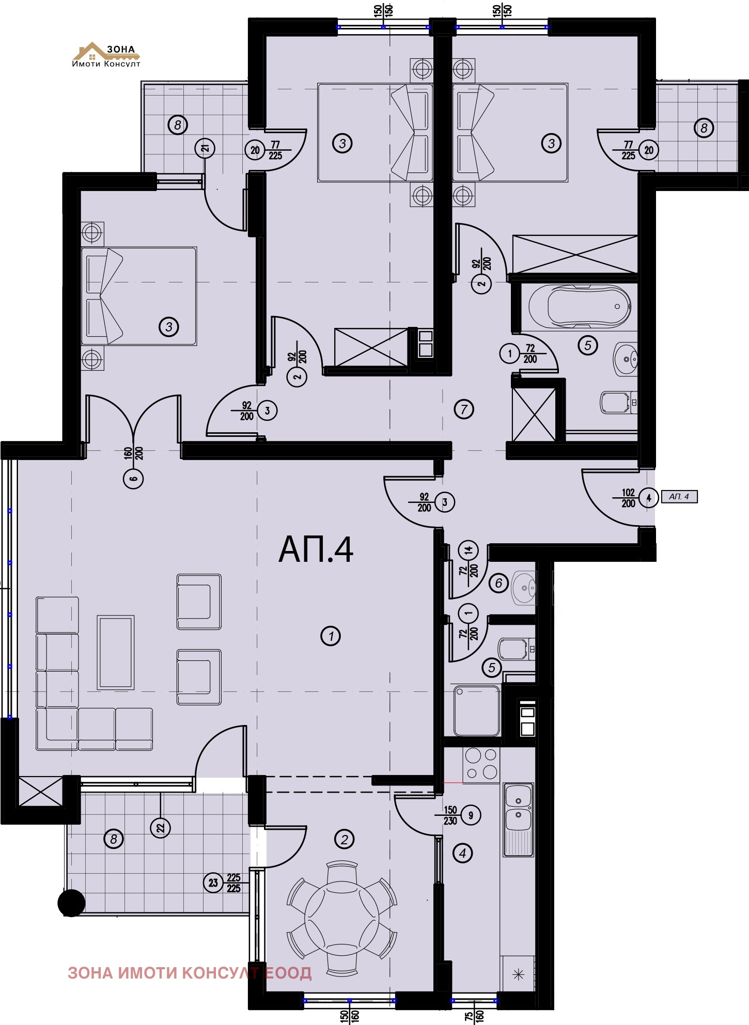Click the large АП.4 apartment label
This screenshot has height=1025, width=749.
[x=316, y=549]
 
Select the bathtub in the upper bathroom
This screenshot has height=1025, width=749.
[x=580, y=307]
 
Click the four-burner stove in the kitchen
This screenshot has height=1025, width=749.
[x=481, y=764]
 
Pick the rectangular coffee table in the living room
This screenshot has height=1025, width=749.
[x=116, y=652]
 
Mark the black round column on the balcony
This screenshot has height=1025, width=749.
[x=71, y=903]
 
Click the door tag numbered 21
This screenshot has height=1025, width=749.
[x=205, y=149]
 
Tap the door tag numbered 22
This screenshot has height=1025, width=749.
[x=161, y=828]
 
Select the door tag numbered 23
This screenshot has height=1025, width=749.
[x=213, y=883]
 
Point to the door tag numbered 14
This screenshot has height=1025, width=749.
[x=469, y=550]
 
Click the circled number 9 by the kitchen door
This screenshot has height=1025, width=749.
[x=471, y=815]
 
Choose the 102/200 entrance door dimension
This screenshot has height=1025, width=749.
[x=628, y=498]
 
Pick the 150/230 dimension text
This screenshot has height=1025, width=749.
[x=450, y=816]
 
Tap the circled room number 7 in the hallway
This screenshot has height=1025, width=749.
[x=464, y=409]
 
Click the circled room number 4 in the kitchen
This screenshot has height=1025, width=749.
[x=462, y=854]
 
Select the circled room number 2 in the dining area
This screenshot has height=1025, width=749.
[x=344, y=839]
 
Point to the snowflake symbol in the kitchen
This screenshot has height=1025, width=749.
[x=518, y=974]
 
